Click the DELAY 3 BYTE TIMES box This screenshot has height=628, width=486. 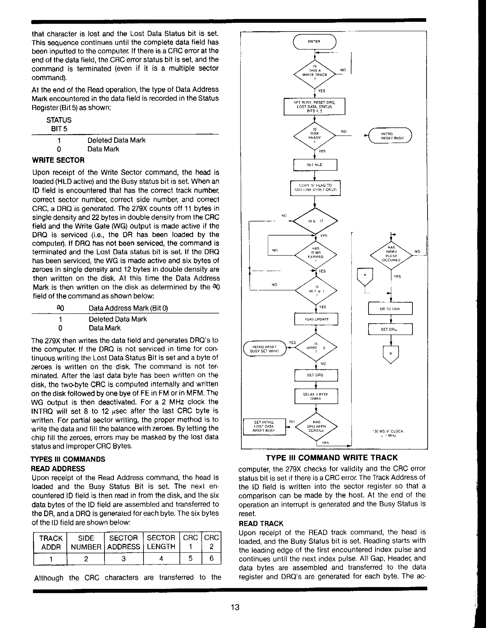[316, 396]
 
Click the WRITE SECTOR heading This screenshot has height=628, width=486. [58, 160]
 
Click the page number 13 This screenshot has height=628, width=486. [235, 607]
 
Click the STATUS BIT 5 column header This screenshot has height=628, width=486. [59, 124]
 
